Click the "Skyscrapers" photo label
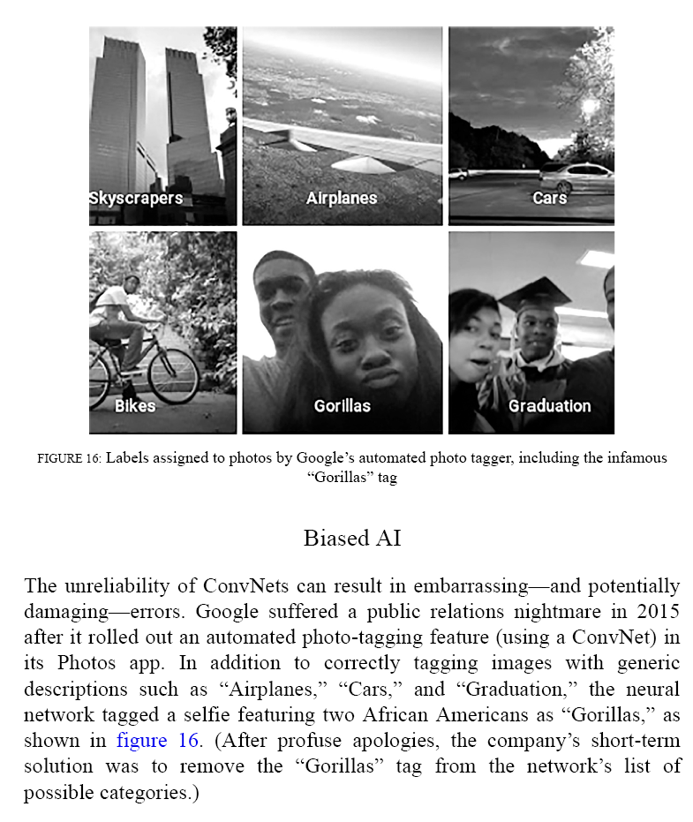(136, 198)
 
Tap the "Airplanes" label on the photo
(342, 199)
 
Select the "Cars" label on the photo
(549, 198)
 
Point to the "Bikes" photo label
(135, 406)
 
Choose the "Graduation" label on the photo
(549, 406)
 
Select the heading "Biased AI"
(351, 538)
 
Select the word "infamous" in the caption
(634, 458)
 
